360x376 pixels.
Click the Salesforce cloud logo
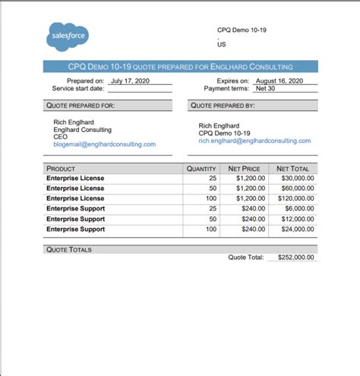68,36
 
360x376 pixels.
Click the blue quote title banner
180,67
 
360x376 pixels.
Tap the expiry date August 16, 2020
279,81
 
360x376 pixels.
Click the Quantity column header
202,169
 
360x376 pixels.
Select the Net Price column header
244,169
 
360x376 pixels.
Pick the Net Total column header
292,169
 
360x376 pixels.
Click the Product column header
61,169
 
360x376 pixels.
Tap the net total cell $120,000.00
292,197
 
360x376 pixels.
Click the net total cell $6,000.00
296,208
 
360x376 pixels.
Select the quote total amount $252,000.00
292,258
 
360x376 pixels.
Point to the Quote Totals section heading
68,248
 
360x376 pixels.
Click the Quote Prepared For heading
81,106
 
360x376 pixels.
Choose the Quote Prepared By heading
223,106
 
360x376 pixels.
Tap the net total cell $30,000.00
294,178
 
